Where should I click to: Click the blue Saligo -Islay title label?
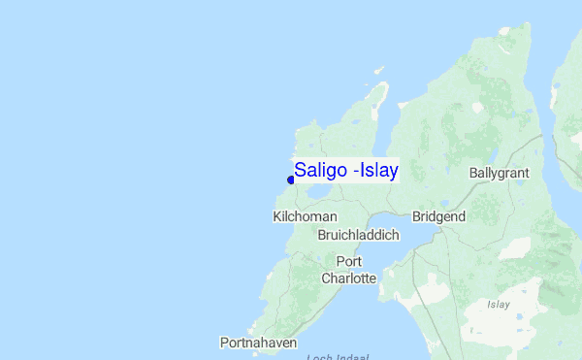[x=346, y=171]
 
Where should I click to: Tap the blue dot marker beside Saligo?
[x=291, y=180]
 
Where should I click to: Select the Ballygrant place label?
[x=499, y=173]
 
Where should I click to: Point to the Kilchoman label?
[x=306, y=216]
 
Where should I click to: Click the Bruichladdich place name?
[x=357, y=235]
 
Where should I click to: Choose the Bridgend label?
[x=438, y=216]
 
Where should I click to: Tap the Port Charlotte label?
[x=349, y=270]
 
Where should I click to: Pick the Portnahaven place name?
[x=258, y=343]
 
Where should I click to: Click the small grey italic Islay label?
[x=499, y=305]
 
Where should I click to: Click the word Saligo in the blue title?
[x=321, y=171]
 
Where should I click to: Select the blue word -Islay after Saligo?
[x=376, y=171]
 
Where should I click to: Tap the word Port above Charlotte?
[x=349, y=261]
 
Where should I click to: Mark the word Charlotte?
[x=349, y=278]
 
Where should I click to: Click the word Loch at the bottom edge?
[x=318, y=356]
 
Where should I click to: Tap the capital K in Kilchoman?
[x=277, y=216]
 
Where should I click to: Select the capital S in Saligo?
[x=301, y=171]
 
